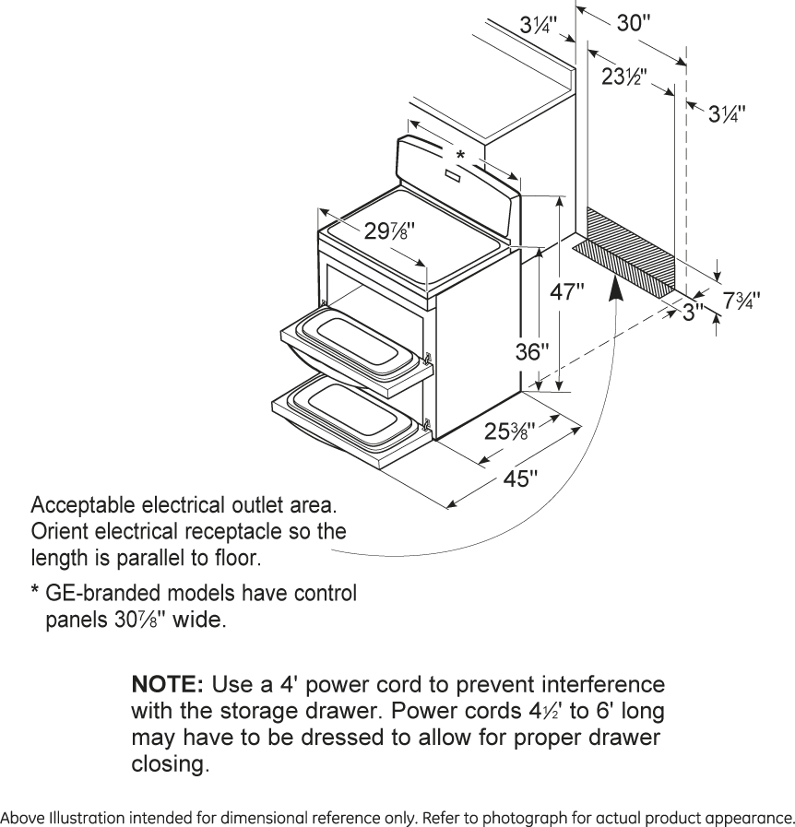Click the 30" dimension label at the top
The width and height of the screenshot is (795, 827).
coord(634,24)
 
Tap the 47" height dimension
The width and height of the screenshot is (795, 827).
coord(567,293)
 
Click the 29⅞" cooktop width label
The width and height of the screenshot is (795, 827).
coord(383,232)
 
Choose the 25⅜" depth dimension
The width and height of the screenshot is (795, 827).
coord(507,431)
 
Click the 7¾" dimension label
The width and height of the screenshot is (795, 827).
coord(742,301)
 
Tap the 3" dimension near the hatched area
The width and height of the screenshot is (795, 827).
coord(693,311)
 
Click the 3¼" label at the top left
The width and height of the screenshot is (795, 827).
coord(538,26)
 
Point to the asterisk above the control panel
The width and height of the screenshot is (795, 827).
coord(460,154)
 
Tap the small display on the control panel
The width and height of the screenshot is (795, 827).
coord(455,174)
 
